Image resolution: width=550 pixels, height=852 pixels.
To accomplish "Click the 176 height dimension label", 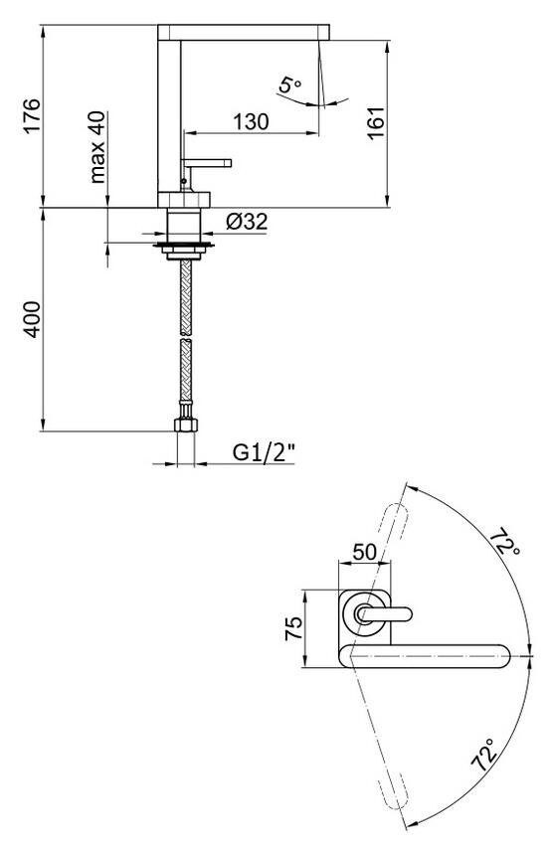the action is point(32,115).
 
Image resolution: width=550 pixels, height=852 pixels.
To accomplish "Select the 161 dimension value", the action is point(376,123).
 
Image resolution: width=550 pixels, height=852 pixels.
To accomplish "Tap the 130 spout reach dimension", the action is point(251,121).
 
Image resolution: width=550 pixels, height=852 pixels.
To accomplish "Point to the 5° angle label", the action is point(289,85).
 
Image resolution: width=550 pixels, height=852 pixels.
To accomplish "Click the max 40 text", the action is point(96,147).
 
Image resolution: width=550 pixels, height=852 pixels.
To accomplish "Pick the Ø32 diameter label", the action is point(248,222).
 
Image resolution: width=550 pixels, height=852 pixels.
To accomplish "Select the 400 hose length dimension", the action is point(32,319).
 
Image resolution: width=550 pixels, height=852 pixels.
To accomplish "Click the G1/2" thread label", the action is point(265,452).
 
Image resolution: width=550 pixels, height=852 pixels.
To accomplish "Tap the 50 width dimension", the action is point(364,552).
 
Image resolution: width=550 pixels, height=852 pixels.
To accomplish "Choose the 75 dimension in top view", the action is point(294,628).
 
